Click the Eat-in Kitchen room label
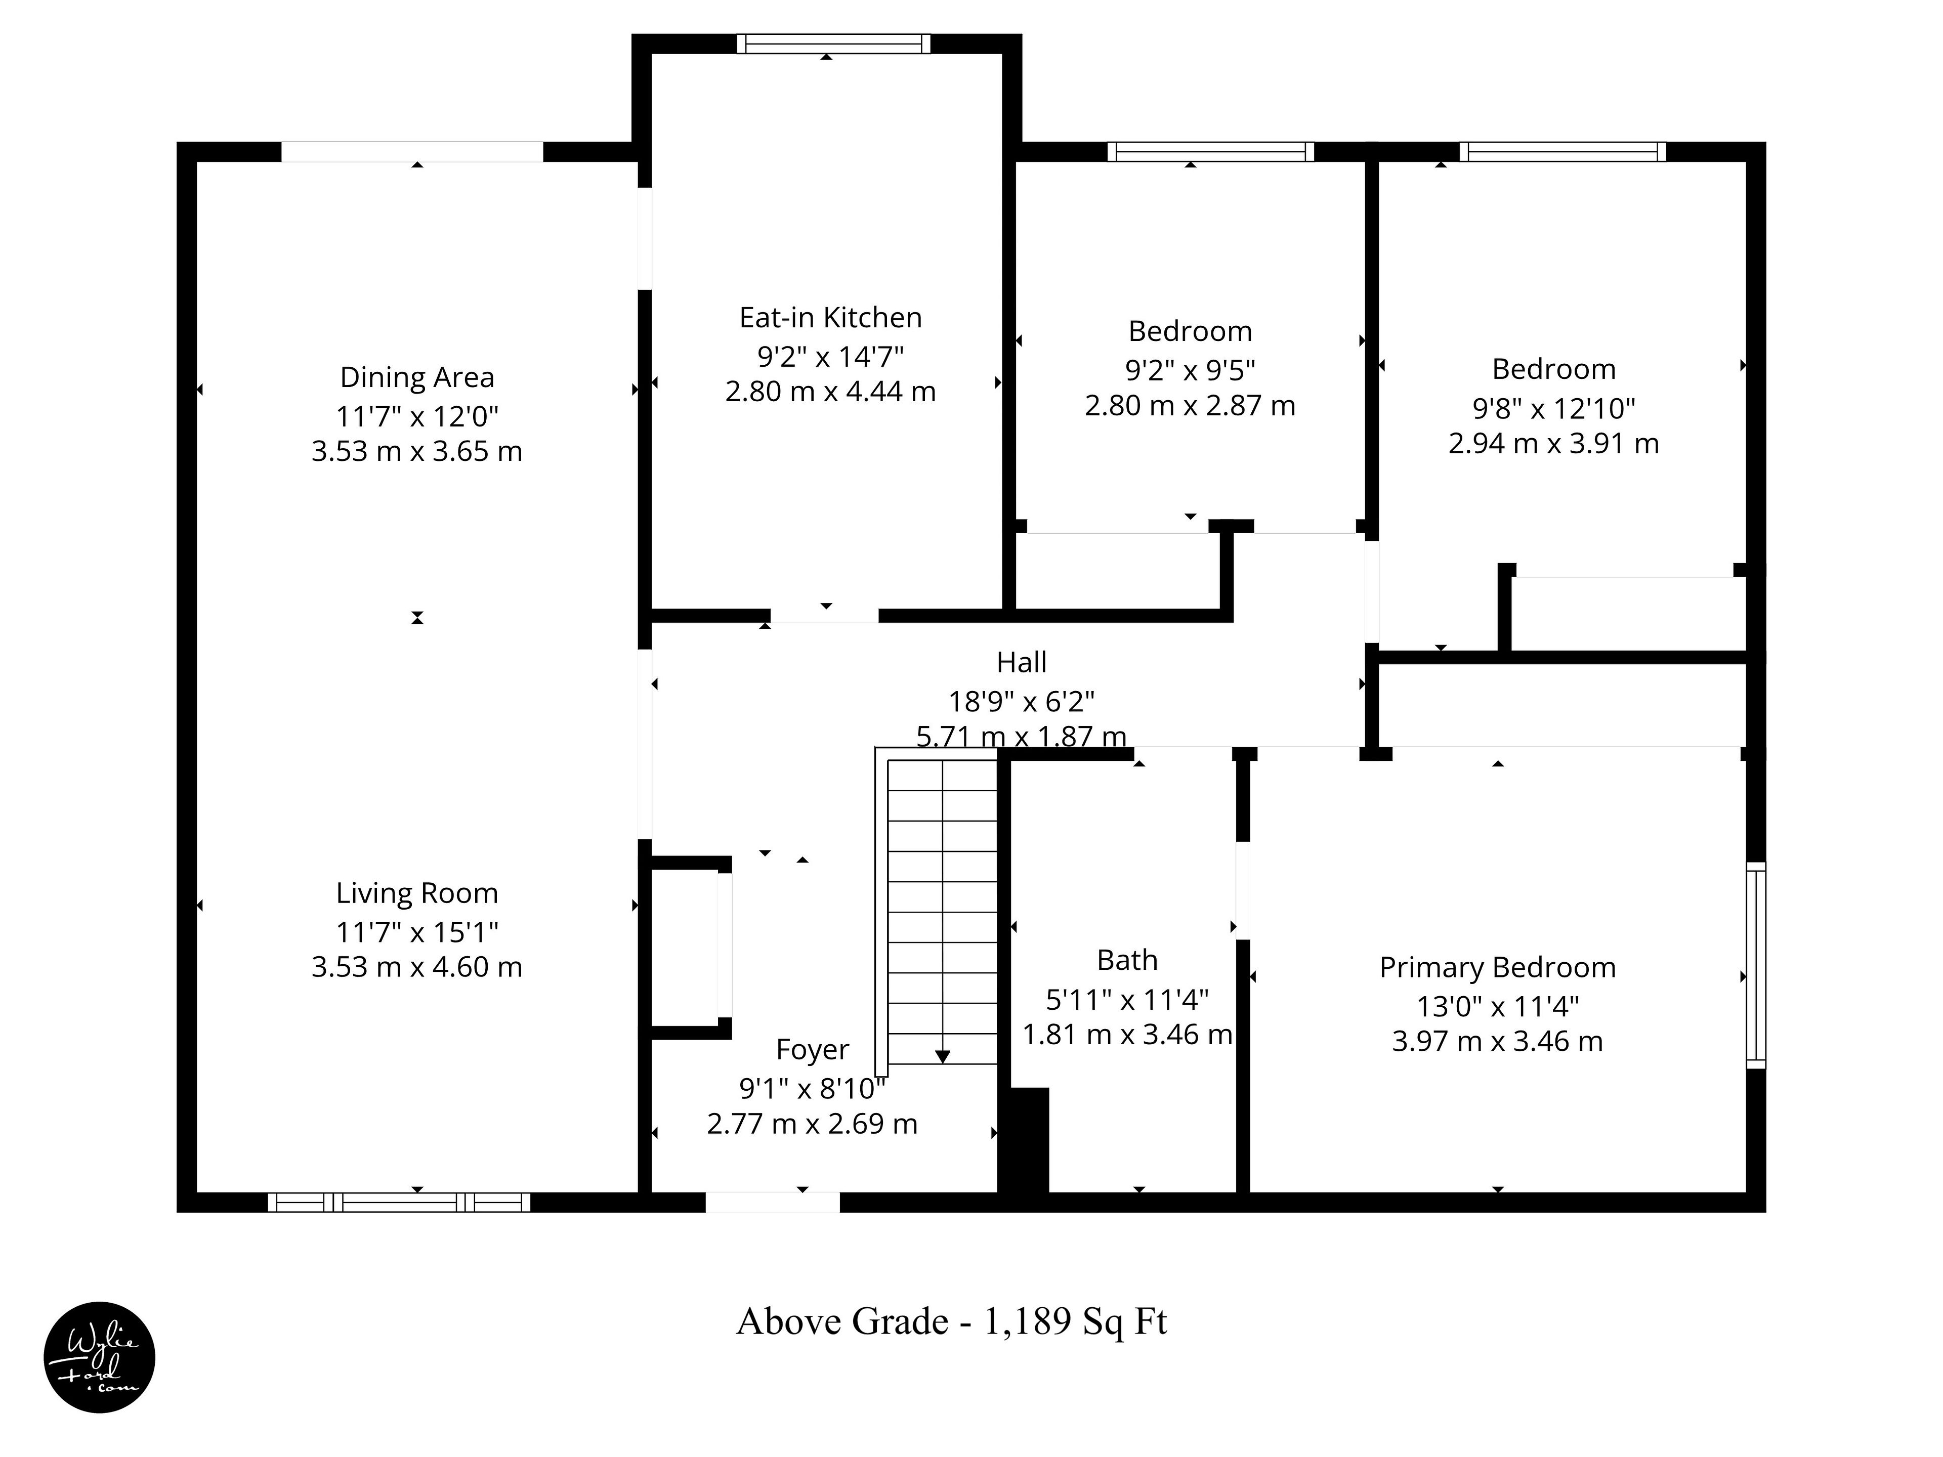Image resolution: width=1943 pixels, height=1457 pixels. click(830, 317)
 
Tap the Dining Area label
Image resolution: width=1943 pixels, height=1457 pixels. click(417, 377)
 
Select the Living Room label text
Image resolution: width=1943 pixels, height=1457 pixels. click(417, 893)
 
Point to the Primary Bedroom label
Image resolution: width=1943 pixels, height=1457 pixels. click(1498, 967)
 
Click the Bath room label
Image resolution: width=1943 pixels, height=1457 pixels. click(1127, 960)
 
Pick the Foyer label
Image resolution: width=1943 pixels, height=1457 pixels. click(813, 1050)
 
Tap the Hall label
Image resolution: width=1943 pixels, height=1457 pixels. click(1022, 661)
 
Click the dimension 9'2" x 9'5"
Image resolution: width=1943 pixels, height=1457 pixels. click(1190, 370)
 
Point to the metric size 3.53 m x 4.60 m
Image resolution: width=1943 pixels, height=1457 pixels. click(417, 967)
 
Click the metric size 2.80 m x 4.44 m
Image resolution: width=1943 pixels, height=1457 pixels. click(830, 391)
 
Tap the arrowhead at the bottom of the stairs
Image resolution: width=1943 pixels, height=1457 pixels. click(943, 1056)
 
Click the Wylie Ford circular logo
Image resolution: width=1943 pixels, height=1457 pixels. click(99, 1357)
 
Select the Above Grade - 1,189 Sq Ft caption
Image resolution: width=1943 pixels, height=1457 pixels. click(951, 1321)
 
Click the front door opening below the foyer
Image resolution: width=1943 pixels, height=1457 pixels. click(773, 1203)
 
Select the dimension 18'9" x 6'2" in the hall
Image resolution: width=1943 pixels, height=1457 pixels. click(1022, 701)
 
